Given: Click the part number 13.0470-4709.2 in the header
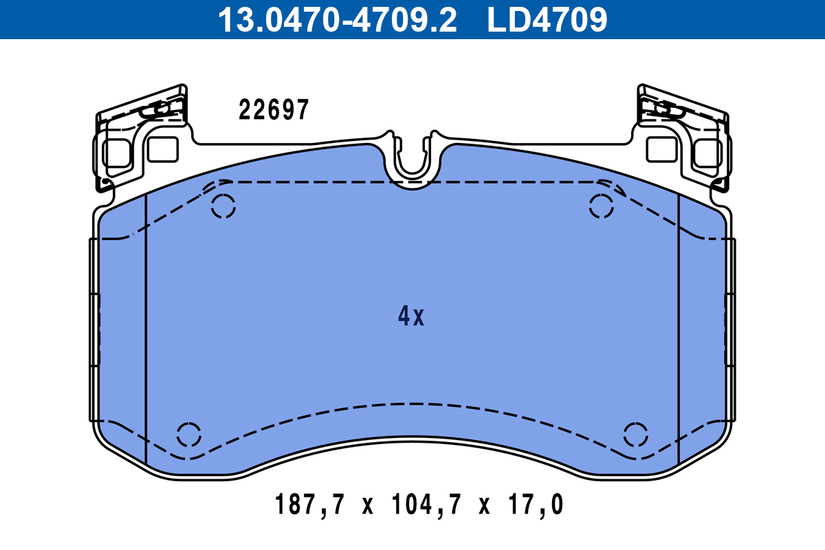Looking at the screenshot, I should tap(337, 19).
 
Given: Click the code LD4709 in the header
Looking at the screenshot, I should tap(547, 19).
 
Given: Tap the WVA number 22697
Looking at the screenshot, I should tap(274, 110).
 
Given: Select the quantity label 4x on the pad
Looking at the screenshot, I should tap(411, 316).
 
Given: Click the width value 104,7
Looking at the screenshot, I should tap(423, 506).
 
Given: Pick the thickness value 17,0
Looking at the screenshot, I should tap(536, 506).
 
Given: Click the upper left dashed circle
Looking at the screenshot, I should tap(223, 206).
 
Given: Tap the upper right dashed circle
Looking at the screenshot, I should tap(602, 206).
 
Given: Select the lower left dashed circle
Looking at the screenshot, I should tap(188, 434).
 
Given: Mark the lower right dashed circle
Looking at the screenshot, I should tap(636, 434).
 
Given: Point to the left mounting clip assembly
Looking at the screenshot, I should tap(141, 137).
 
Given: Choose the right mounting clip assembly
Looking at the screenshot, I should tap(684, 137).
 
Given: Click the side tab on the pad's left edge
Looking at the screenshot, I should tap(94, 330).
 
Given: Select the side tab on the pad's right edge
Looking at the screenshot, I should tap(730, 330).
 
